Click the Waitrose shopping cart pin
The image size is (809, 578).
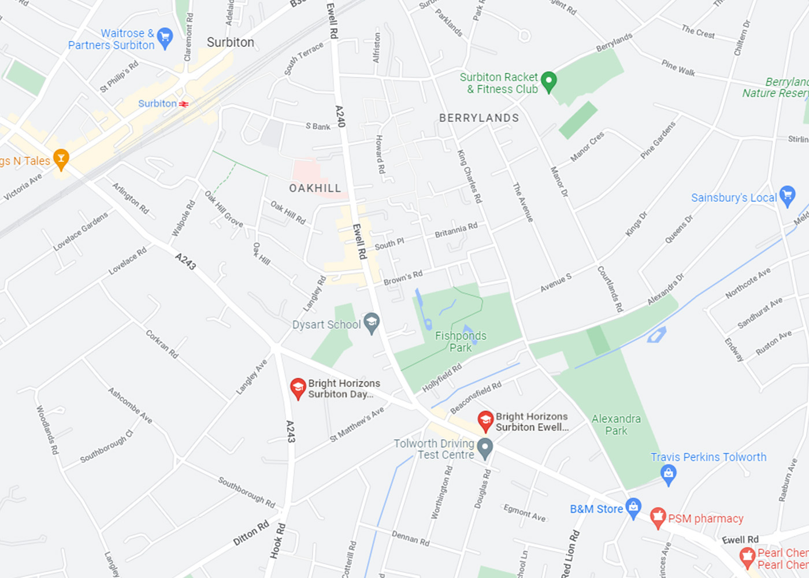[165, 38]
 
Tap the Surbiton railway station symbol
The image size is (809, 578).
[184, 104]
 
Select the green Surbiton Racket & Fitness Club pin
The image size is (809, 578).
[548, 81]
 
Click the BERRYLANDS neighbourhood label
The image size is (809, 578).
[478, 118]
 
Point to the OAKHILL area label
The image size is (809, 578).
[315, 188]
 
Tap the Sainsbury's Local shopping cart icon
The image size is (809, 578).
[787, 195]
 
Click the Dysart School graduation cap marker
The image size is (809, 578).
[371, 323]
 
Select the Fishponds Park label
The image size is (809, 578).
[461, 342]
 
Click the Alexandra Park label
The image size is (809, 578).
[616, 424]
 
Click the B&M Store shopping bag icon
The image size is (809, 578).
[633, 507]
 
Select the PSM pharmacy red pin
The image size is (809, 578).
[658, 517]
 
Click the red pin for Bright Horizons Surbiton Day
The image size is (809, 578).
[298, 388]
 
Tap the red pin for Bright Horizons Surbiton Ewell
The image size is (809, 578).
[485, 421]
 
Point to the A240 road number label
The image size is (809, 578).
[340, 116]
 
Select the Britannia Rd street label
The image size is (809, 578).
[456, 230]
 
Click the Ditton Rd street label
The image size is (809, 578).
[251, 533]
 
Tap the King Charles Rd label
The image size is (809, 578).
[469, 176]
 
